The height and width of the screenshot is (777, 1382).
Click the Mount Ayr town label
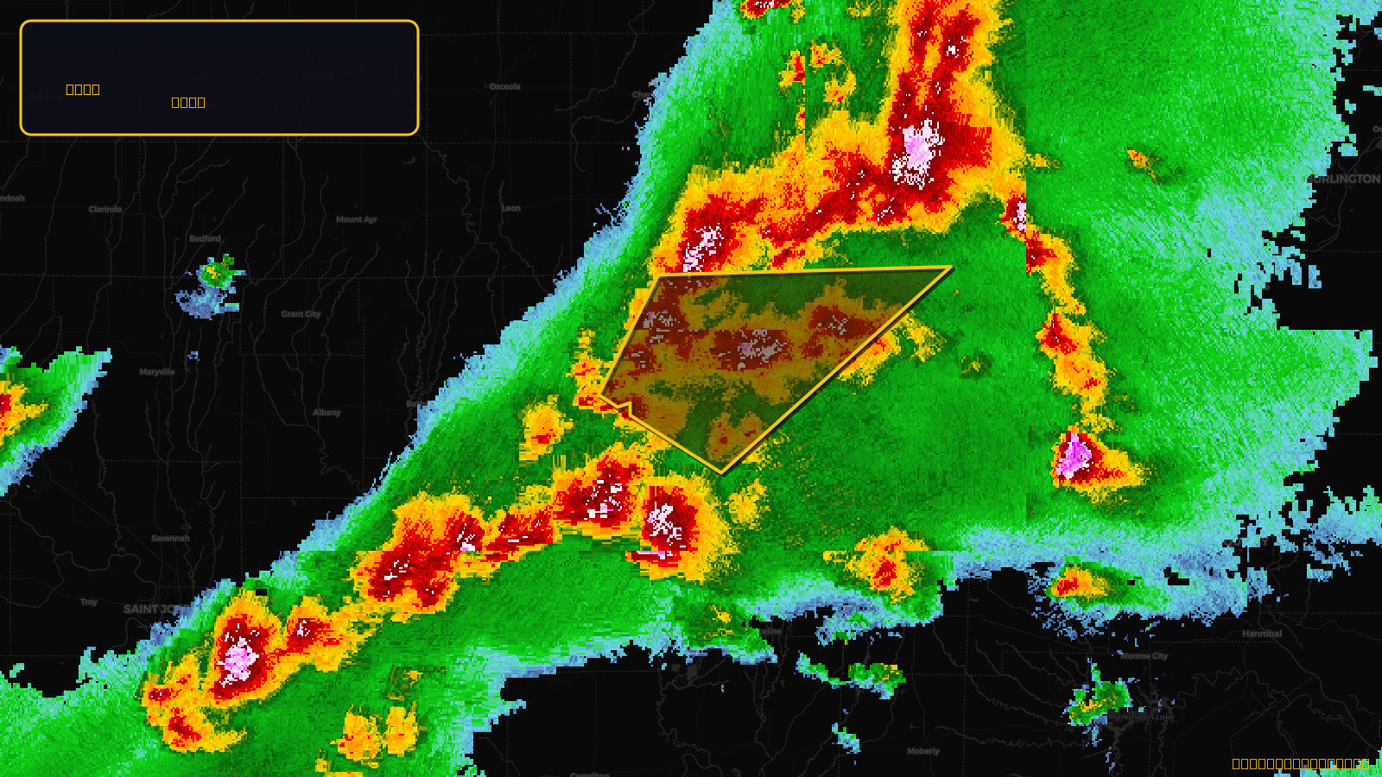click(357, 219)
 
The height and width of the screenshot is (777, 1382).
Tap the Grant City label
click(301, 314)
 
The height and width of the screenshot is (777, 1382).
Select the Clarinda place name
click(105, 209)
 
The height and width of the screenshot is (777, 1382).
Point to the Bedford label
click(206, 238)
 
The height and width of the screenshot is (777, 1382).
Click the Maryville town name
click(157, 372)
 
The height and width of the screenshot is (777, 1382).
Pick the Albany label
click(326, 413)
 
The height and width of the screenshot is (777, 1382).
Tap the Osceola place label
click(504, 86)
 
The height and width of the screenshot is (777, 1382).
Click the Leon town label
click(511, 208)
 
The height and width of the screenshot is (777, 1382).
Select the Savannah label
click(170, 538)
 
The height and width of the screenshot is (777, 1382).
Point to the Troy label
click(89, 602)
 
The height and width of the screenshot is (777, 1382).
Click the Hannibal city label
click(1262, 634)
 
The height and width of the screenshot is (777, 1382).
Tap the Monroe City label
click(1144, 656)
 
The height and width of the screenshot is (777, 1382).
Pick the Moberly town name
click(922, 751)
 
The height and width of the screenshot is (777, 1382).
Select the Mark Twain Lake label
click(1142, 717)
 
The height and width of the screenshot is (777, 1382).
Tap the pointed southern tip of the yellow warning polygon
click(722, 473)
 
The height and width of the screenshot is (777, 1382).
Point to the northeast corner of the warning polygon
click(951, 268)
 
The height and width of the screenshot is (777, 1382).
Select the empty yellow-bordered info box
click(219, 78)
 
